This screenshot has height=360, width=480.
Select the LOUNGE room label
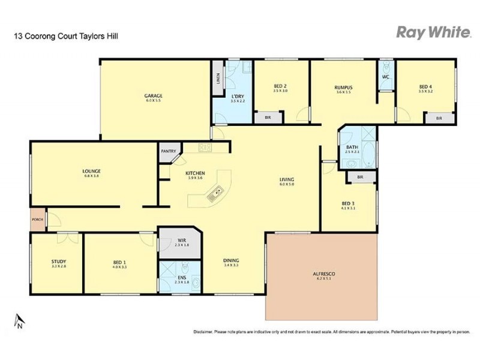(x=91, y=171)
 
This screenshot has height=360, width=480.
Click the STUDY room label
(x=59, y=262)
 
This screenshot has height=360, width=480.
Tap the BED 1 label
(x=119, y=262)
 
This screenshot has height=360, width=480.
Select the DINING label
(x=231, y=260)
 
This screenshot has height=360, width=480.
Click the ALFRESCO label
(x=323, y=274)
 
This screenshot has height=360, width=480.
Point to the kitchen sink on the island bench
(x=214, y=193)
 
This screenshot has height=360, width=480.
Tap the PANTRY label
(x=167, y=151)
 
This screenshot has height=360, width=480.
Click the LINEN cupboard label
(x=217, y=79)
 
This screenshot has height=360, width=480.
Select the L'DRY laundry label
(x=238, y=96)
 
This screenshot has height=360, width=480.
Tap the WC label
(x=386, y=77)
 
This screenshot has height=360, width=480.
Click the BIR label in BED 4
(x=439, y=118)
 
